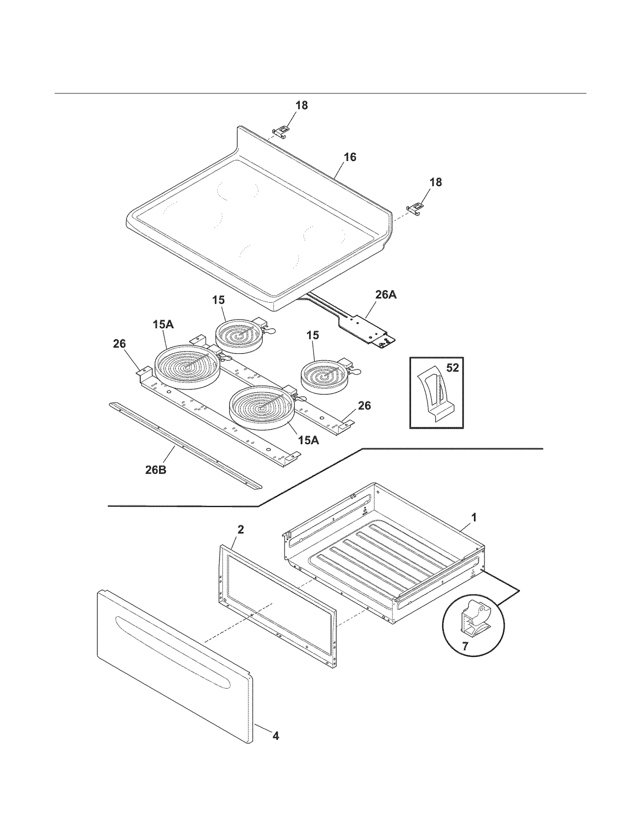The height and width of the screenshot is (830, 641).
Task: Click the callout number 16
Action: point(350,157)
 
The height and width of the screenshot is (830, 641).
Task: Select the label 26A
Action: point(386,295)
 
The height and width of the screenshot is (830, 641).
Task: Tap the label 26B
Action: point(155,470)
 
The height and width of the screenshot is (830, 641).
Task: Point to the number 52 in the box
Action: point(452,368)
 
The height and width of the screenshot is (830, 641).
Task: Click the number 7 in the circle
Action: point(465,646)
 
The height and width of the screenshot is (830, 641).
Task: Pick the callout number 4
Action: point(276,736)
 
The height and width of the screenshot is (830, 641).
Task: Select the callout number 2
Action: point(240,529)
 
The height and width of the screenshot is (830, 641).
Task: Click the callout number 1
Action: point(474,517)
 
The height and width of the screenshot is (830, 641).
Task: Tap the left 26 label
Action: point(119,343)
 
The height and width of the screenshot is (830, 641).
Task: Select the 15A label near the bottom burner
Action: point(308,440)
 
